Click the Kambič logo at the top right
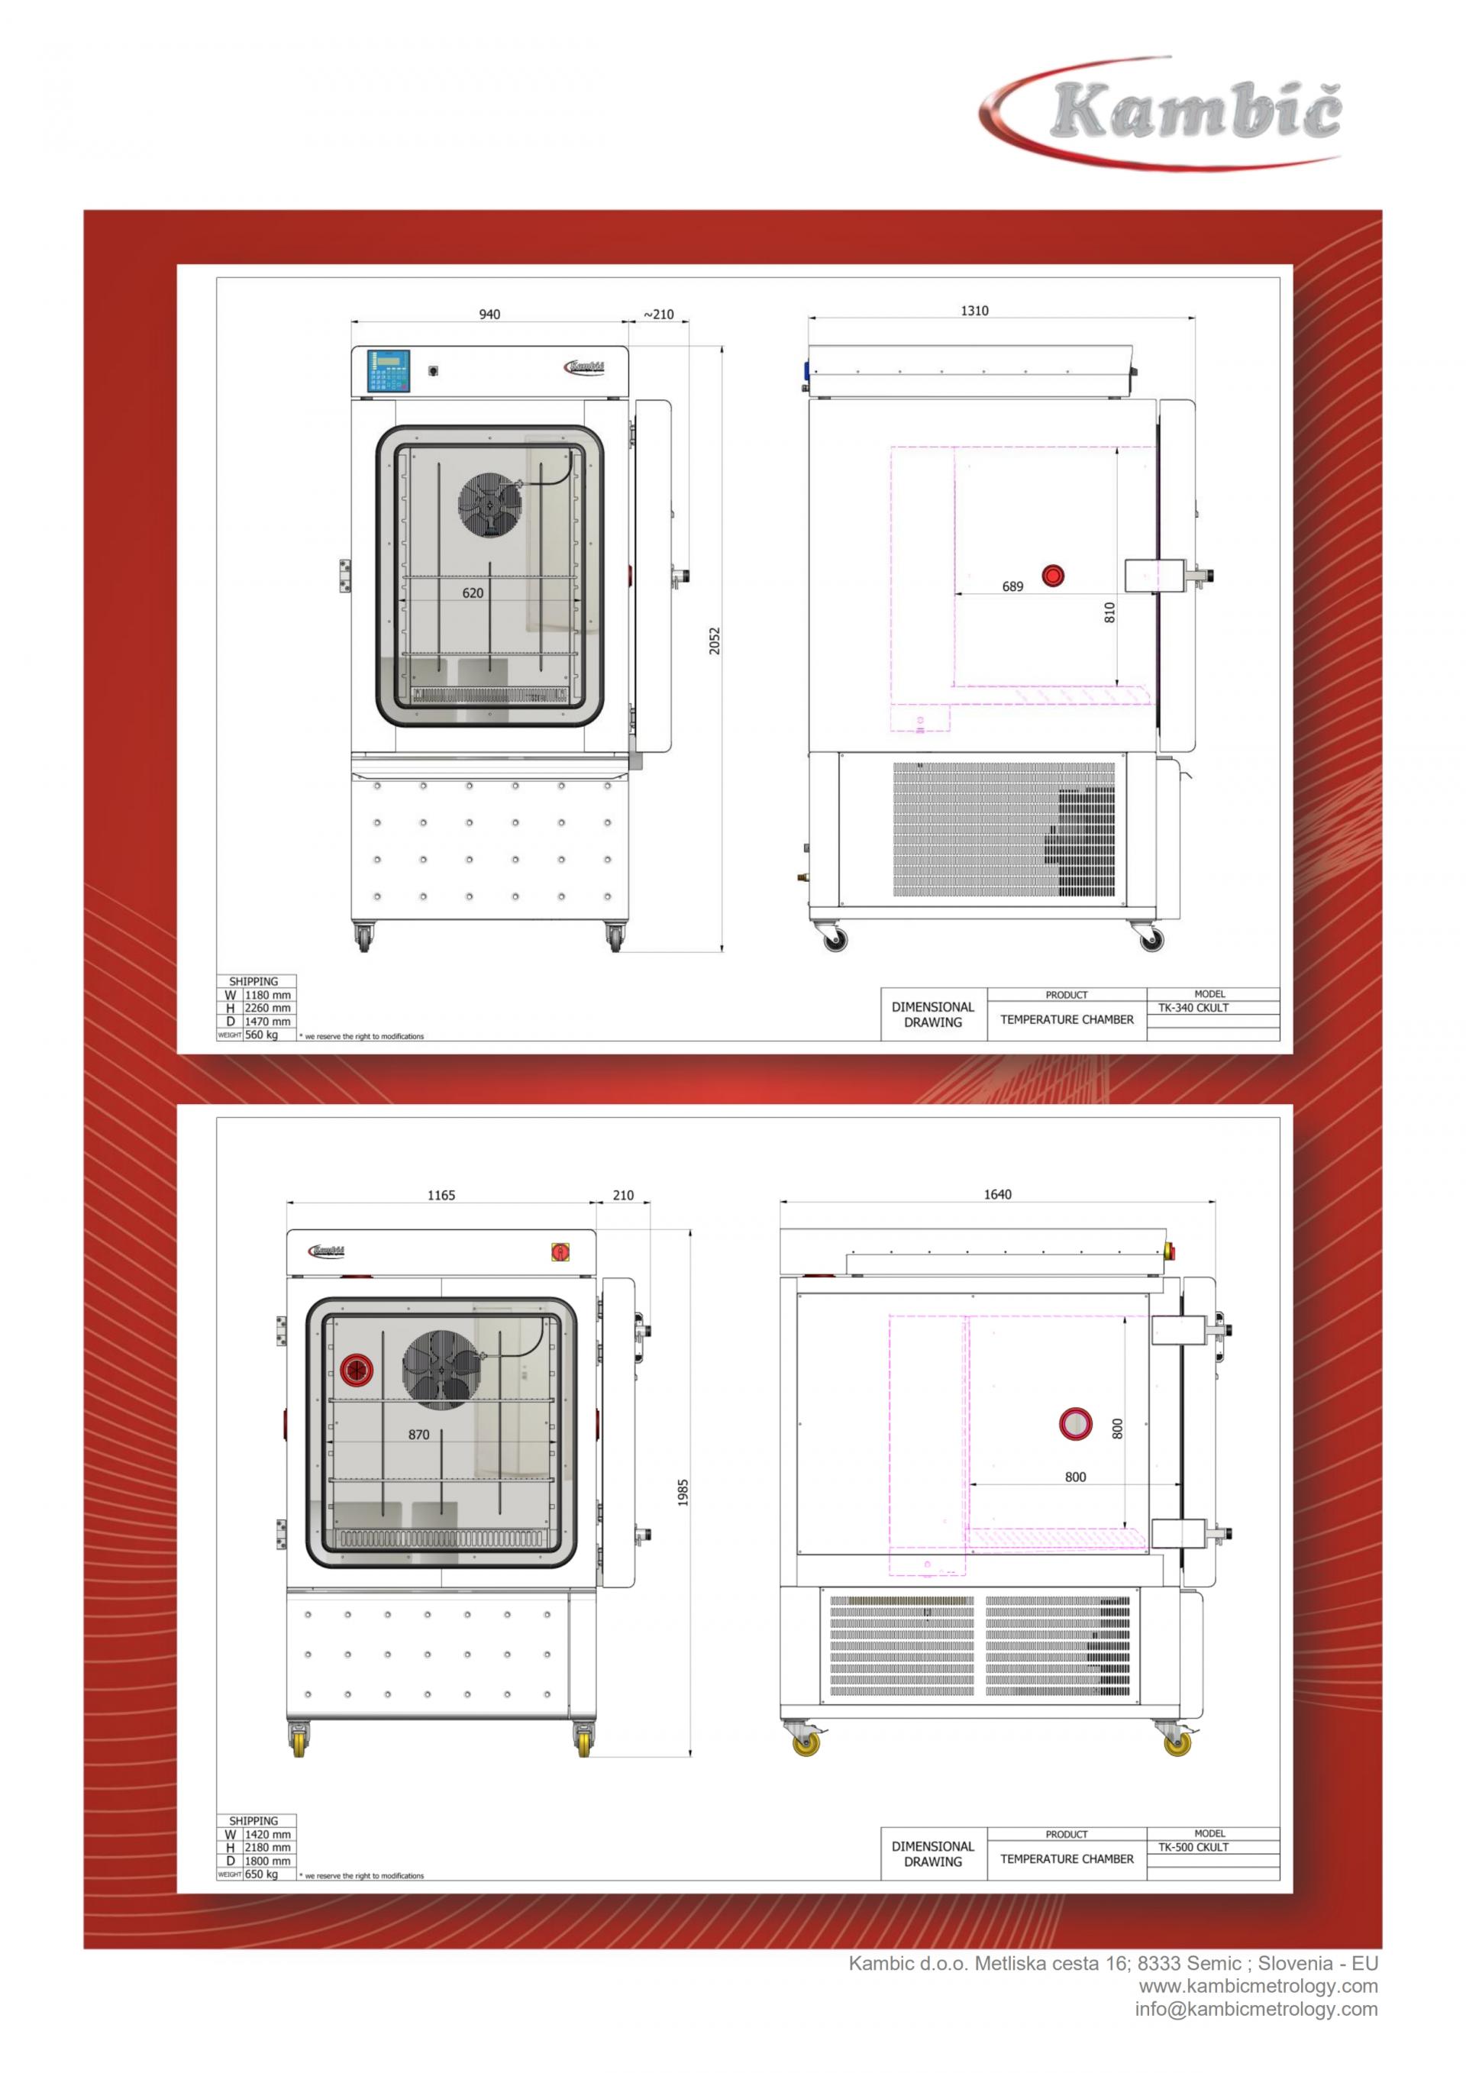[1164, 113]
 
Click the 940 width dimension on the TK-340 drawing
[489, 315]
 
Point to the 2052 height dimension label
[715, 641]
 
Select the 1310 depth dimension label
[974, 311]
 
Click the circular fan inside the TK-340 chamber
[490, 505]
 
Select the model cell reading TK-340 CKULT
[1193, 1008]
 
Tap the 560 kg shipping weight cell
[262, 1035]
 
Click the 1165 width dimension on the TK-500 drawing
[441, 1196]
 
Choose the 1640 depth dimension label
[997, 1194]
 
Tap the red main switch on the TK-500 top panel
[560, 1251]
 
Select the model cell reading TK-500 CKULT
[1193, 1847]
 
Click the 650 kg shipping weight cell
[262, 1874]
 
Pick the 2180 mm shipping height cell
[268, 1847]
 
